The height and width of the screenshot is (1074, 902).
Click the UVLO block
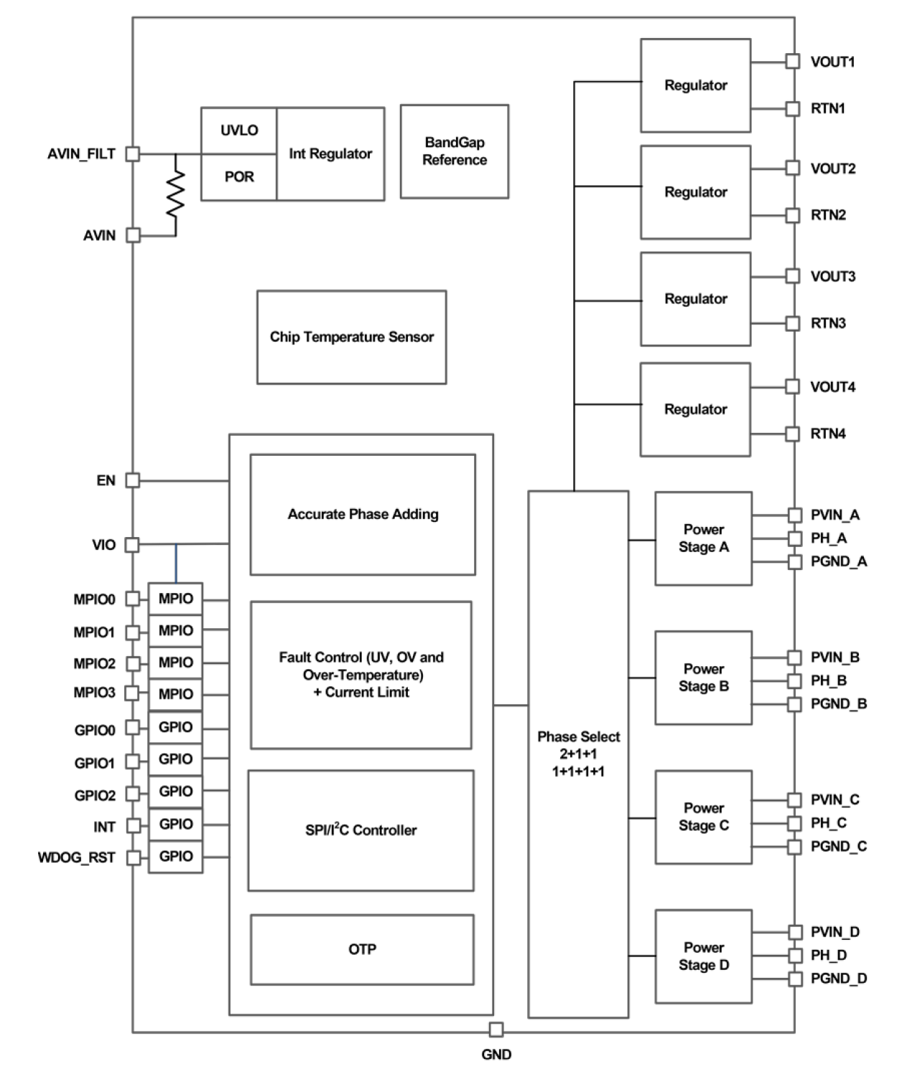[x=238, y=131]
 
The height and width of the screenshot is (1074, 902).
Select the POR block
[x=238, y=177]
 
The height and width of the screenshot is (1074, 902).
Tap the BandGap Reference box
[x=455, y=151]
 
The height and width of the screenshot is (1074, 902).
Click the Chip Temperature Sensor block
[x=351, y=337]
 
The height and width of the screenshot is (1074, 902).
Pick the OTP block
[x=362, y=949]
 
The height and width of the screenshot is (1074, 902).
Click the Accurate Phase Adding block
[x=363, y=514]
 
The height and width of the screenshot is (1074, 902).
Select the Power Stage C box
[x=703, y=817]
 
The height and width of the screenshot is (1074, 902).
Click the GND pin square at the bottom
[x=496, y=1029]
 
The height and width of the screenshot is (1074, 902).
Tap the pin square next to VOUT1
[x=792, y=62]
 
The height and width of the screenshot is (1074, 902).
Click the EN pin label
[x=106, y=480]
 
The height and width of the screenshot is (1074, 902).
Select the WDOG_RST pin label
[x=76, y=857]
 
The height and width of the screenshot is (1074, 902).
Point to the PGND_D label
[x=839, y=978]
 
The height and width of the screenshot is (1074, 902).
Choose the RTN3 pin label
[x=828, y=323]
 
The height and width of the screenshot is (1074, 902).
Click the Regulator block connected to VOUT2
[x=695, y=192]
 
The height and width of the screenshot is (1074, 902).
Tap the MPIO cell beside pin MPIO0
[x=176, y=598]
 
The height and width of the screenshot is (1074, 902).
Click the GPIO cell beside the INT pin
[x=176, y=824]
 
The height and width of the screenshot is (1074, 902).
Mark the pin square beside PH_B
[x=794, y=681]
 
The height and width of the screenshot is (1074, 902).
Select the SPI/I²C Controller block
[x=361, y=830]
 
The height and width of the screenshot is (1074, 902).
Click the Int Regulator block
[x=330, y=154]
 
